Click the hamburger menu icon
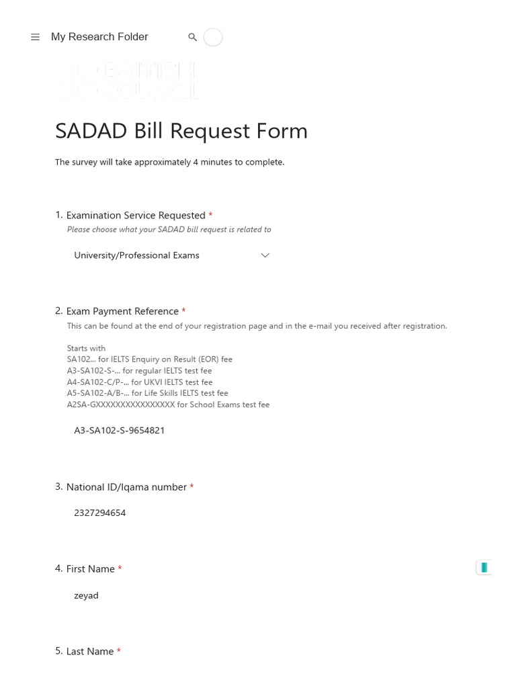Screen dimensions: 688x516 click(x=35, y=37)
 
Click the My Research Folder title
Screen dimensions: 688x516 click(x=99, y=37)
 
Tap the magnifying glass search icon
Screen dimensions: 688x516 click(x=192, y=37)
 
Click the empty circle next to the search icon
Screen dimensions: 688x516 click(x=213, y=38)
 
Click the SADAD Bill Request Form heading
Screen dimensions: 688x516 click(x=181, y=131)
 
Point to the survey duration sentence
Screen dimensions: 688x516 click(x=169, y=162)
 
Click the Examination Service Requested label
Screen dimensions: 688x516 click(x=136, y=216)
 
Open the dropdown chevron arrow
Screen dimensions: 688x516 click(x=265, y=255)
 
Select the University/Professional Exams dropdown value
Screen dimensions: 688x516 click(x=136, y=255)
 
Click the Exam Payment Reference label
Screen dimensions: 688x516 click(x=122, y=311)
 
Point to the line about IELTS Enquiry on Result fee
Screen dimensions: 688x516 click(x=149, y=359)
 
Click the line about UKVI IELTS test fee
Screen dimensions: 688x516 click(x=139, y=382)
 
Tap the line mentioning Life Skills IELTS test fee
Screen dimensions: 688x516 click(x=147, y=393)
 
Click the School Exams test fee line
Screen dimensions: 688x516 click(x=168, y=404)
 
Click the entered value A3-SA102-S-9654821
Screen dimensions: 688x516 click(x=120, y=431)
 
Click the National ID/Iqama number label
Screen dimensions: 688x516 click(x=126, y=487)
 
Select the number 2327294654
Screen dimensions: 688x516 click(x=100, y=513)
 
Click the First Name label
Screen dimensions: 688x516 click(x=90, y=569)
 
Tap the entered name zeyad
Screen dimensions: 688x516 click(x=86, y=595)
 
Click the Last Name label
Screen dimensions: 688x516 click(x=90, y=652)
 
